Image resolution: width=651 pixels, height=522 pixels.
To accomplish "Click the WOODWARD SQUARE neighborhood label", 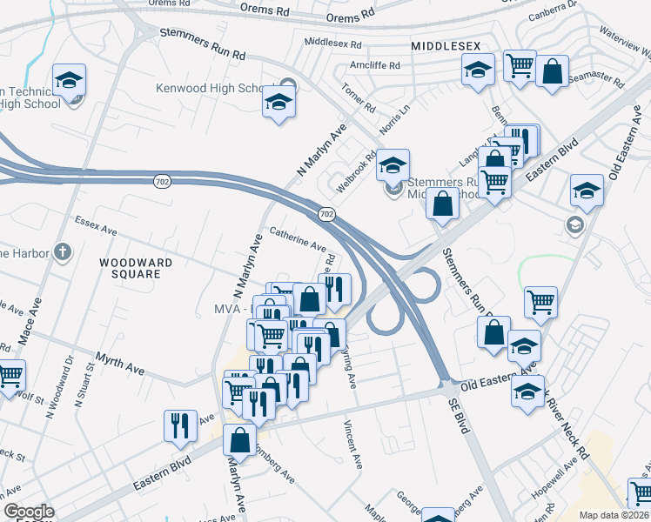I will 135,267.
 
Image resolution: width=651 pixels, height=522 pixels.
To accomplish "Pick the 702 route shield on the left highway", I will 163,178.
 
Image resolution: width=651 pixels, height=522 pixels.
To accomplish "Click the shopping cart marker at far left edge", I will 9,375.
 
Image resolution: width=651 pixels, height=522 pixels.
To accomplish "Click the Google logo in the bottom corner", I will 29,512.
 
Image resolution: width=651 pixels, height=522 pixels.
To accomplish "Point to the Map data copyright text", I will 614,515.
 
